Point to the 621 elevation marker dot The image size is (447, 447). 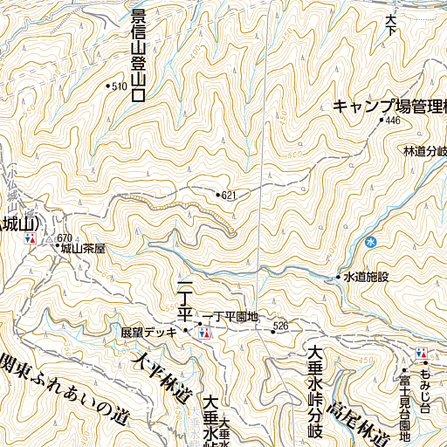pyautogui.click(x=217, y=193)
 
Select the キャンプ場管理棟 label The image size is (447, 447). pyautogui.click(x=389, y=107)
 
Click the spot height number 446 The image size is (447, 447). pyautogui.click(x=392, y=120)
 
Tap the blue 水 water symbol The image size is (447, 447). pyautogui.click(x=371, y=242)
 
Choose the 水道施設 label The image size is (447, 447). pyautogui.click(x=366, y=277)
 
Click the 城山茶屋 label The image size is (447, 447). pyautogui.click(x=85, y=248)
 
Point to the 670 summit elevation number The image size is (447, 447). pyautogui.click(x=64, y=237)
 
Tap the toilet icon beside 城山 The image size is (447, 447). pyautogui.click(x=31, y=237)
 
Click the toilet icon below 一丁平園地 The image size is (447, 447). pyautogui.click(x=205, y=332)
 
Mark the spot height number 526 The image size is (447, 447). pyautogui.click(x=280, y=326)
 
